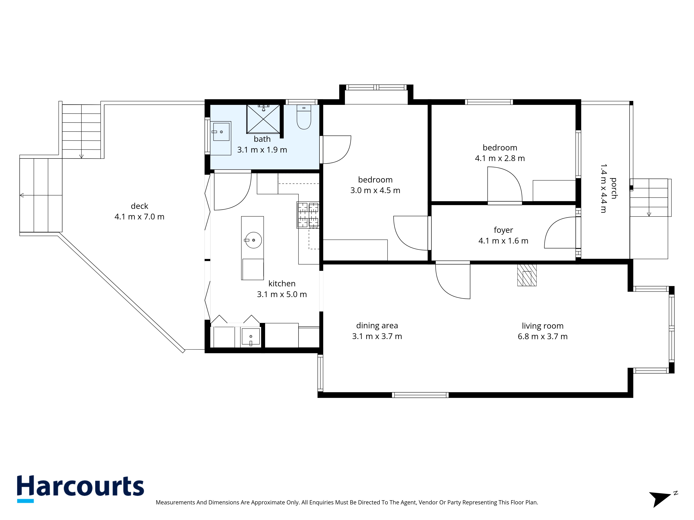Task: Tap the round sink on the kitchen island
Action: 253,240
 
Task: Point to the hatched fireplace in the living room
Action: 527,275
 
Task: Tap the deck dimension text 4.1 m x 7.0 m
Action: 139,217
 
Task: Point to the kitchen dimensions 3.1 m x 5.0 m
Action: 282,294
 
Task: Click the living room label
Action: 543,326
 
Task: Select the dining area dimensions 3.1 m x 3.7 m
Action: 377,336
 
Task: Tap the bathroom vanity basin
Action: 221,132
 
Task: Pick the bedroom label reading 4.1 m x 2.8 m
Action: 500,158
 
